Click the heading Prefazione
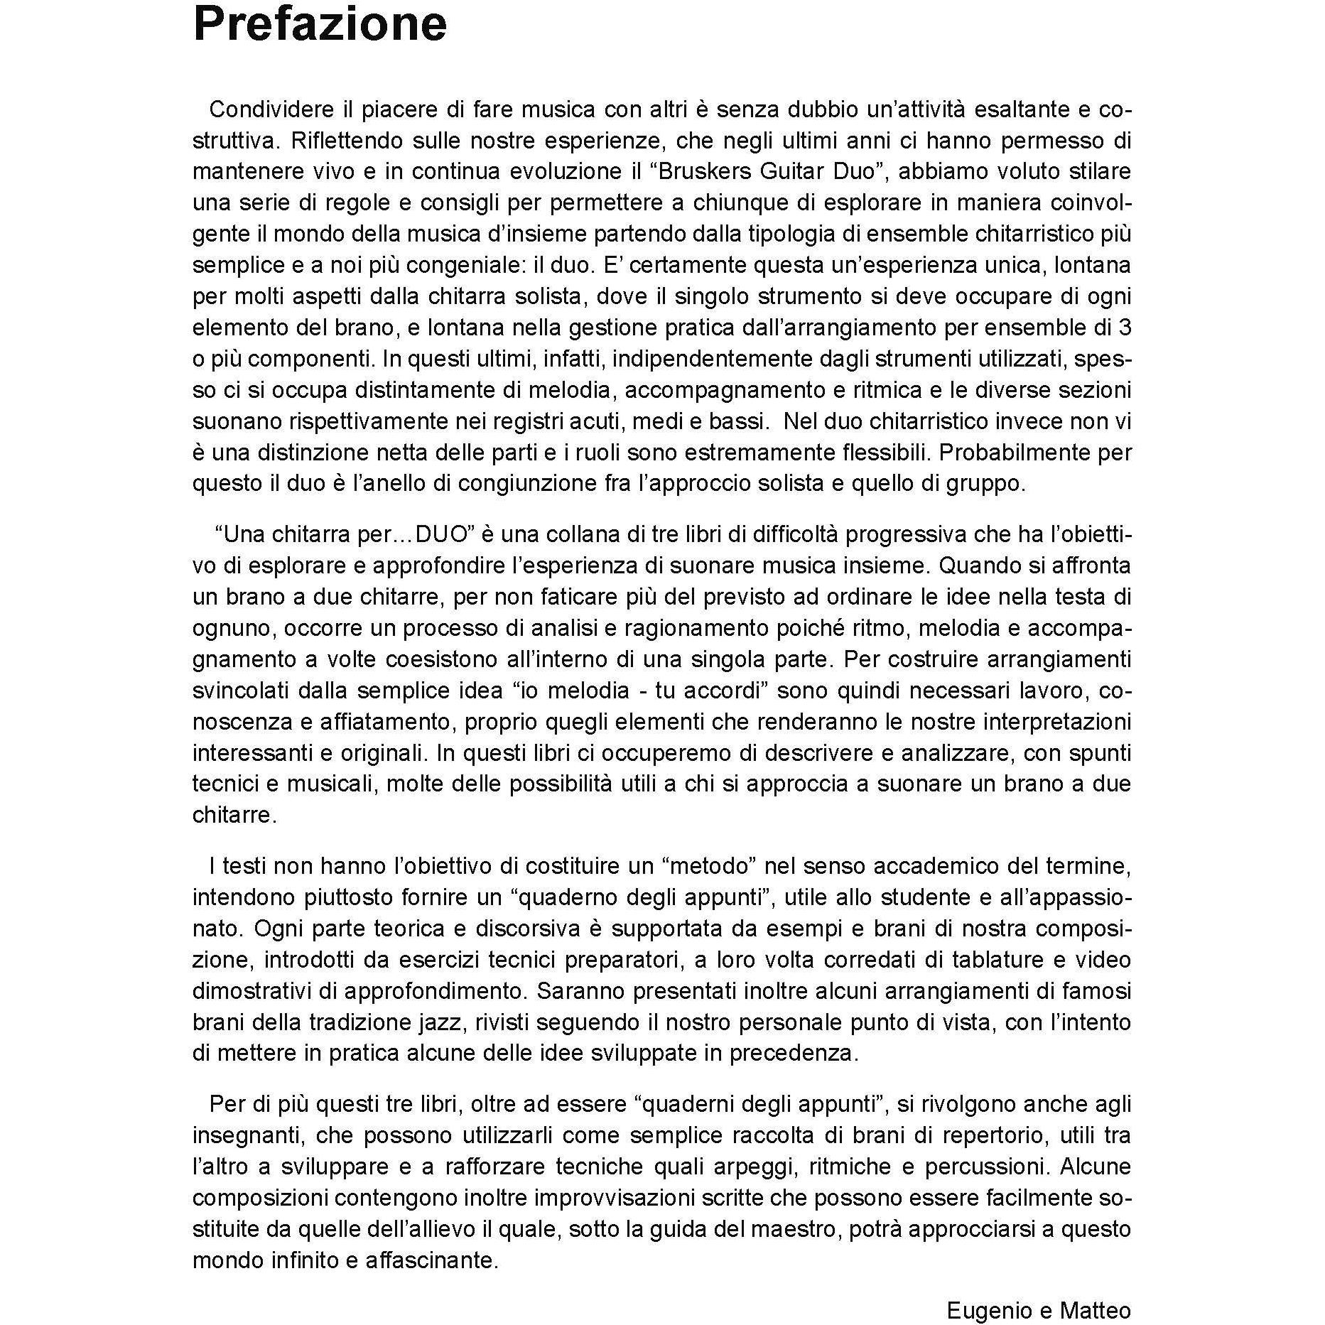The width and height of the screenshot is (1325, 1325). [x=320, y=26]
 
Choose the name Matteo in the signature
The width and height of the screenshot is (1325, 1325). [x=1095, y=1290]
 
